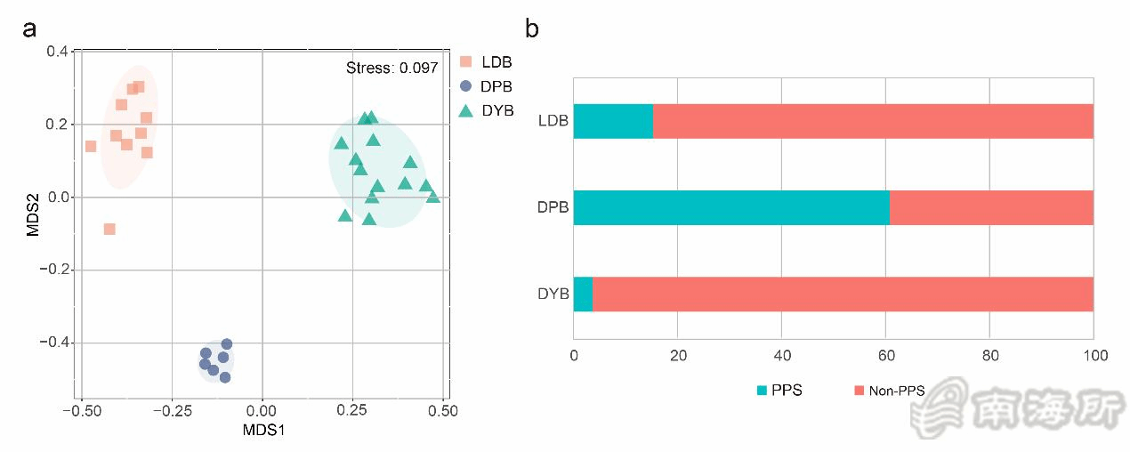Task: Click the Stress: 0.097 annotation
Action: [x=391, y=68]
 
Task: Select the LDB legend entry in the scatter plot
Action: [x=486, y=62]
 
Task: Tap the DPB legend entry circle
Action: [x=465, y=87]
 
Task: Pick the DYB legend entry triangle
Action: [x=465, y=111]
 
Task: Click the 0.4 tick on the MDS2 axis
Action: [x=59, y=52]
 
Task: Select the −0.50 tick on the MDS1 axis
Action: [x=81, y=411]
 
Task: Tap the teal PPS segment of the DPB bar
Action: [x=731, y=207]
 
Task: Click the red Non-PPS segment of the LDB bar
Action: [x=873, y=121]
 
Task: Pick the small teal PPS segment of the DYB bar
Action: [x=583, y=295]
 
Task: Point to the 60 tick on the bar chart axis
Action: [x=886, y=356]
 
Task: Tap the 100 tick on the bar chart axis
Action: [x=1094, y=356]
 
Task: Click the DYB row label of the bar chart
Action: [x=553, y=295]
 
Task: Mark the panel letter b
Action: [x=532, y=28]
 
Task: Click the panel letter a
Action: [x=30, y=28]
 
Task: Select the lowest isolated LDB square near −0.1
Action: [x=109, y=229]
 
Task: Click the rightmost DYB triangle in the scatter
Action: [x=433, y=198]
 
